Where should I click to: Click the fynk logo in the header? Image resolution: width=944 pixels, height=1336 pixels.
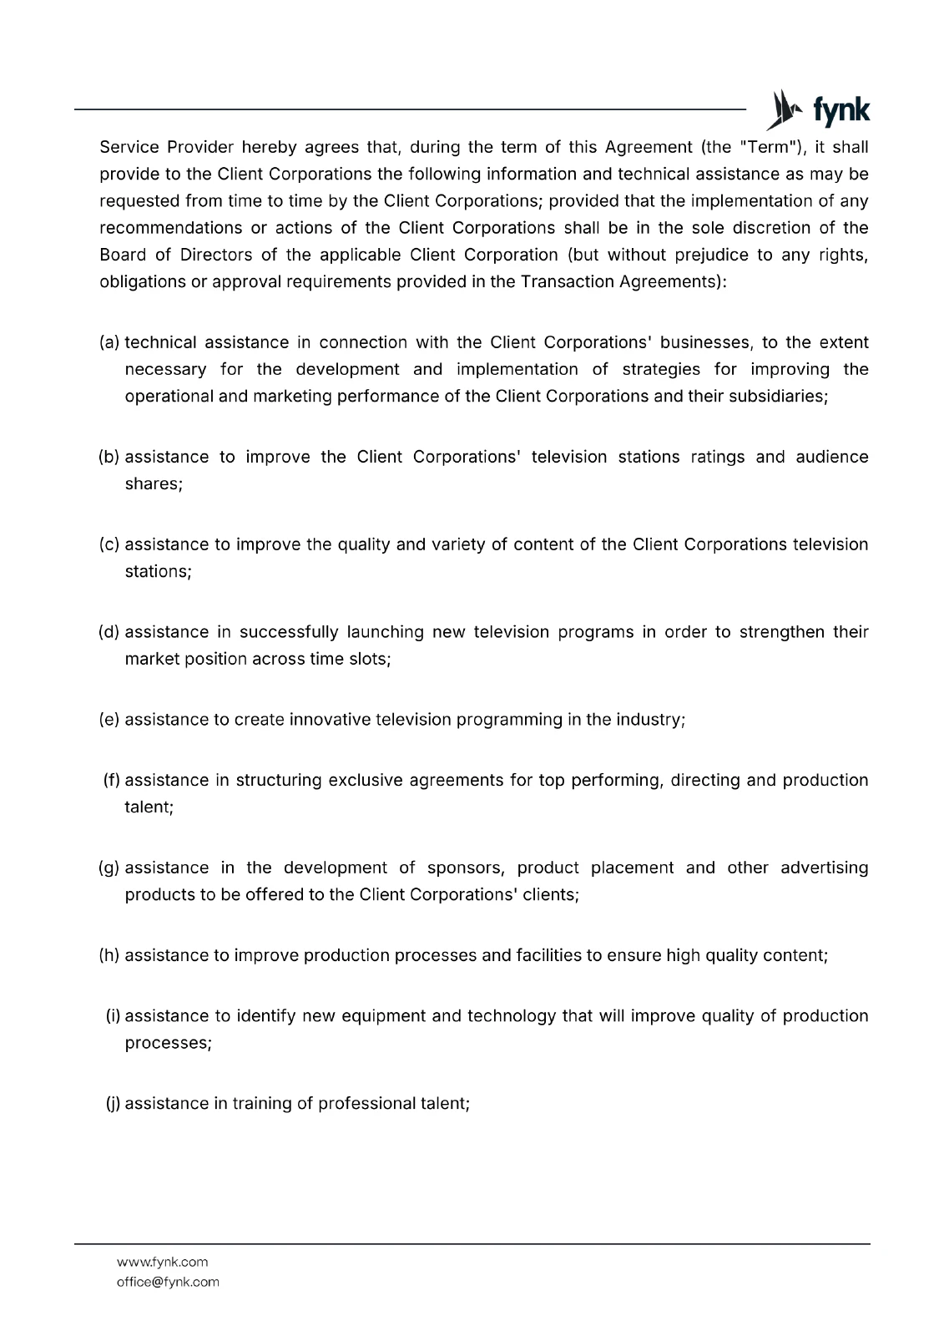(818, 110)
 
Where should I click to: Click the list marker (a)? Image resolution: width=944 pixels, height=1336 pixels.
(109, 342)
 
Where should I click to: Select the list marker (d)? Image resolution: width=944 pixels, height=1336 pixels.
(109, 632)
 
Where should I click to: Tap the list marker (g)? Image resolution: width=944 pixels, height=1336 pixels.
(109, 868)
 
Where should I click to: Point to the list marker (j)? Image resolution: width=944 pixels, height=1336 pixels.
(113, 1103)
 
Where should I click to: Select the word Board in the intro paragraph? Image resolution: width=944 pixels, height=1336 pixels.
(123, 255)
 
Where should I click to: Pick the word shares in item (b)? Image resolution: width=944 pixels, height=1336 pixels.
(153, 483)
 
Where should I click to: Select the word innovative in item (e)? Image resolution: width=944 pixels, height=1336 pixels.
(330, 720)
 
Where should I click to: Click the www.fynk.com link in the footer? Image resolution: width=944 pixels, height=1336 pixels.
(162, 1262)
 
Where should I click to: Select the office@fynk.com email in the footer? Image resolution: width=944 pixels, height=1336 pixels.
(168, 1282)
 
